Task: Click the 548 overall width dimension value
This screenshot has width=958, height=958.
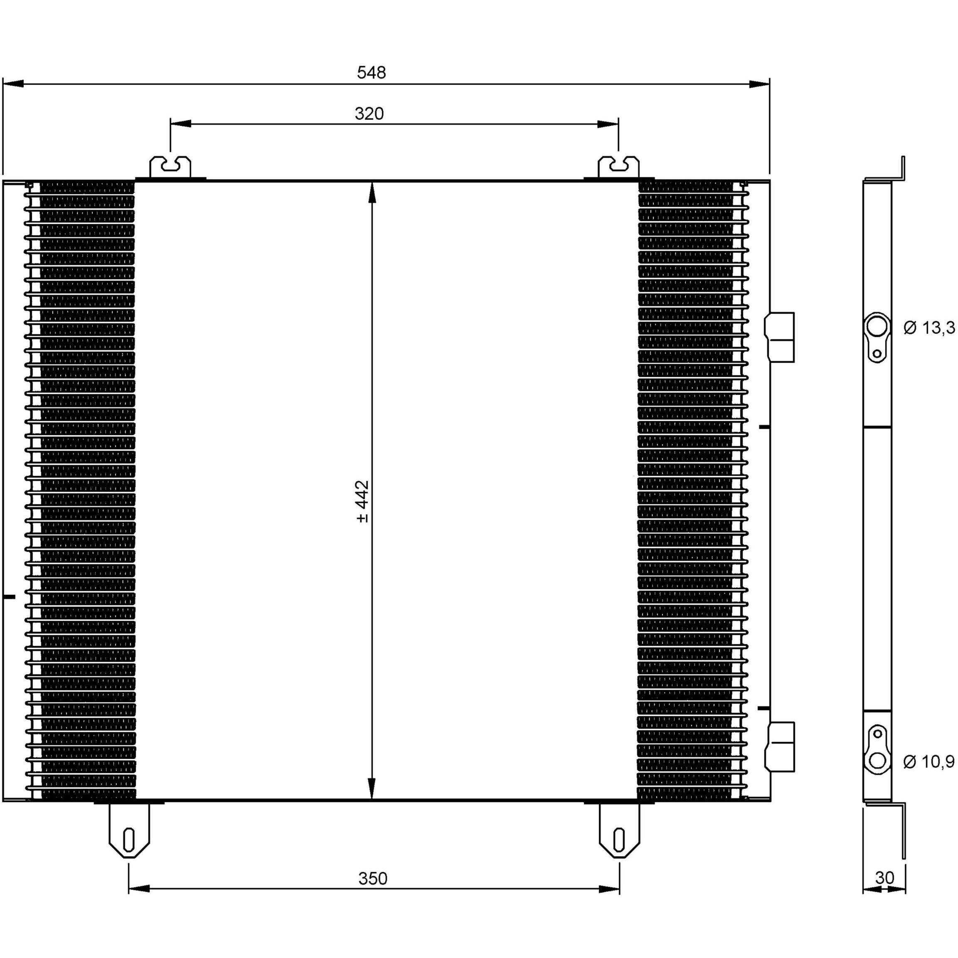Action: pos(372,73)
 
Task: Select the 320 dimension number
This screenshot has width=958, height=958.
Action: pos(369,114)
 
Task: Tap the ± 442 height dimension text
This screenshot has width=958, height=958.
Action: pos(362,501)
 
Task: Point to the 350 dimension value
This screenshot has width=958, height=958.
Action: pos(372,879)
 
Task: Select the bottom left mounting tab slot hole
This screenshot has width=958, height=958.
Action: pos(129,840)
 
